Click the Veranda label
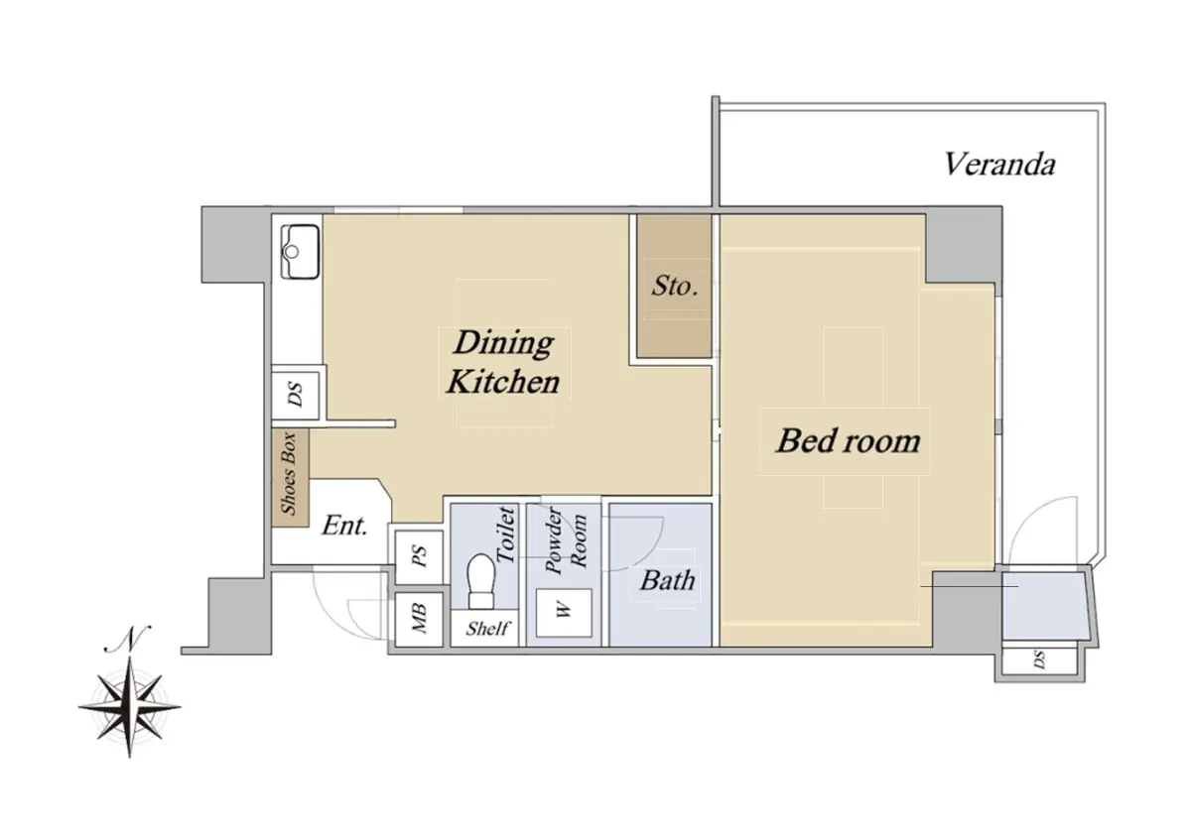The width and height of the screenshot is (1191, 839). coord(999,165)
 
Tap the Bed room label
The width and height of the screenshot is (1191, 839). coord(848,441)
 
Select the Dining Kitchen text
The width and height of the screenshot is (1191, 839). coord(503,362)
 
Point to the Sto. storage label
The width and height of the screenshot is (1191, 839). coord(674,286)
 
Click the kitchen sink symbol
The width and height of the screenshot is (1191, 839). coord(300,251)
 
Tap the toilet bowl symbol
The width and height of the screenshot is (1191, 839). coord(480,581)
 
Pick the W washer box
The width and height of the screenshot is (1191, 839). coord(564,612)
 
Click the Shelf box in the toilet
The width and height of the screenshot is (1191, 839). coord(484,628)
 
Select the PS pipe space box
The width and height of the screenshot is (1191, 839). coord(419,556)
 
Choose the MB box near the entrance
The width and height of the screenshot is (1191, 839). coord(419,619)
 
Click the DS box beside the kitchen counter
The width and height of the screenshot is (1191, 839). coord(296,395)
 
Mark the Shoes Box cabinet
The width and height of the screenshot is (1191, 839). coord(290,478)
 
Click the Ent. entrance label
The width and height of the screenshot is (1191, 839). coord(344,526)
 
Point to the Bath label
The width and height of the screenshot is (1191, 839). coord(667,580)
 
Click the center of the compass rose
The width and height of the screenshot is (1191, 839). coord(130,707)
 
